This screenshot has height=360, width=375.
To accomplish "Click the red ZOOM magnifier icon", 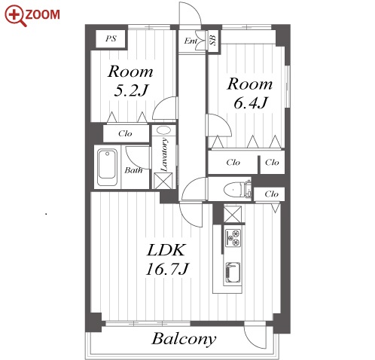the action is [x=15, y=16].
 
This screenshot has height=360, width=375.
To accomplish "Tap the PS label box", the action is [x=111, y=38].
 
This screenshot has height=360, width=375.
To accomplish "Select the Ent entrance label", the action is [x=191, y=41].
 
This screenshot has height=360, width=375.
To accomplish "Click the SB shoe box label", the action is [x=213, y=40].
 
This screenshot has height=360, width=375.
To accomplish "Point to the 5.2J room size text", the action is [x=131, y=90].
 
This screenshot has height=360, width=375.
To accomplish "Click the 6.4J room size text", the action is [x=251, y=102].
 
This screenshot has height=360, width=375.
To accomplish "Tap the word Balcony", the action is [x=184, y=339].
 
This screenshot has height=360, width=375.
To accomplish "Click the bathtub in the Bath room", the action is [x=107, y=167].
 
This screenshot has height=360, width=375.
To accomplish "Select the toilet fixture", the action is [x=237, y=190].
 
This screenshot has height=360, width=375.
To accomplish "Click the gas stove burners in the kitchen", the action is [x=233, y=237].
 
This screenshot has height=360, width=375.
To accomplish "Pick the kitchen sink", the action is [x=233, y=273].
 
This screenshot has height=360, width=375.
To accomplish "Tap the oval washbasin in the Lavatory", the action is [x=163, y=130].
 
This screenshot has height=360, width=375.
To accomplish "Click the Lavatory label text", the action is [x=164, y=154].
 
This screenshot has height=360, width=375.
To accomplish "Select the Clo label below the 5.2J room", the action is [x=125, y=133].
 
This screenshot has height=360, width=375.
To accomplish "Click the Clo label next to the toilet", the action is [x=271, y=194].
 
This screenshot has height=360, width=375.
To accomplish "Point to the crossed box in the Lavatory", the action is [x=163, y=181].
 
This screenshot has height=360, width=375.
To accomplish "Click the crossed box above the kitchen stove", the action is [x=233, y=215].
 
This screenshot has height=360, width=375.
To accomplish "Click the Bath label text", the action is [x=133, y=170].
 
